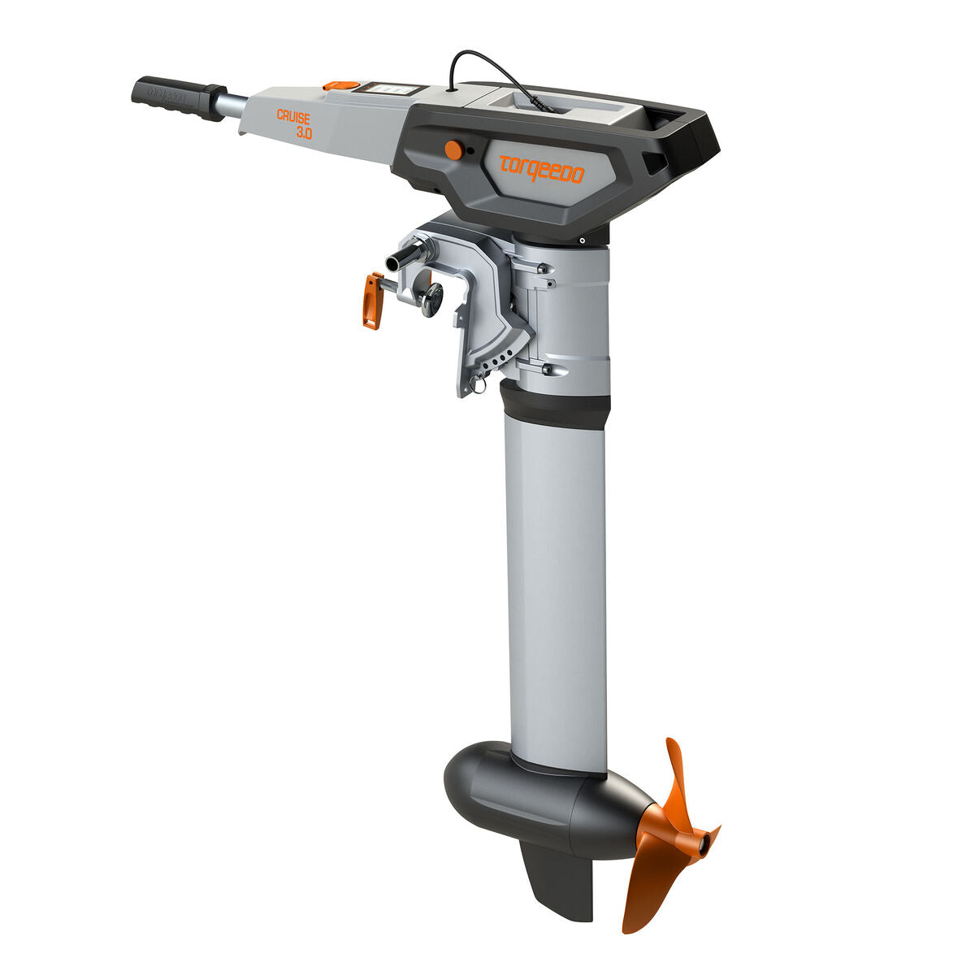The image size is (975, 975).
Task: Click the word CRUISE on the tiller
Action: coord(293,117)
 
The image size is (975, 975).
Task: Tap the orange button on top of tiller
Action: coord(340,84)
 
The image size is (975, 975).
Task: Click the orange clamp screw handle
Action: coord(372,301)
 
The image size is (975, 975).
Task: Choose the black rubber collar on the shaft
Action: coord(554,405)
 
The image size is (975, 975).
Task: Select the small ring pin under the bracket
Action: coord(480,384)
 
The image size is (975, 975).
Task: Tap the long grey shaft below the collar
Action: coord(557,585)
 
